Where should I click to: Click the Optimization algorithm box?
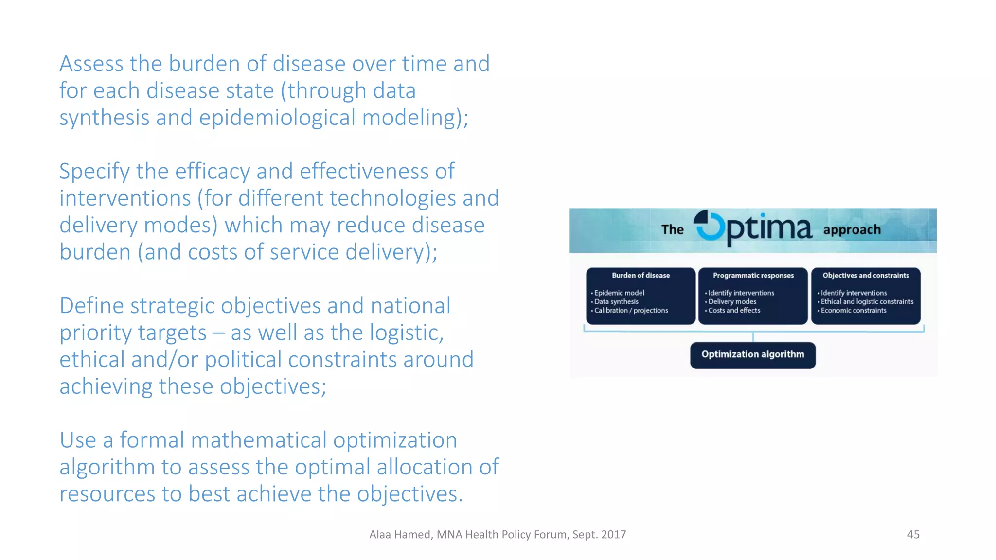click(752, 355)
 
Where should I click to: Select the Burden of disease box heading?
click(640, 275)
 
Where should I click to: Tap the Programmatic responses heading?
click(753, 275)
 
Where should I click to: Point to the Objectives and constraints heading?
click(866, 275)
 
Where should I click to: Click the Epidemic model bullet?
click(619, 293)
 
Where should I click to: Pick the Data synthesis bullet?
click(616, 301)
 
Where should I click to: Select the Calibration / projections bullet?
click(631, 310)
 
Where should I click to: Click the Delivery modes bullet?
click(732, 301)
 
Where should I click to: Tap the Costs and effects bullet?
click(734, 310)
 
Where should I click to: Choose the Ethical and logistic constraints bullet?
click(867, 301)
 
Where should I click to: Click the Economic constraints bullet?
click(853, 310)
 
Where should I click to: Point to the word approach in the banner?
click(852, 229)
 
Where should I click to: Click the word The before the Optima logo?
click(672, 229)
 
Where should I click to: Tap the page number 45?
click(913, 534)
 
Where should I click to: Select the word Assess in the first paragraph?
click(90, 64)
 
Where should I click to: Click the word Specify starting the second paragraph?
click(94, 172)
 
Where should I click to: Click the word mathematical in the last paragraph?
click(258, 440)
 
